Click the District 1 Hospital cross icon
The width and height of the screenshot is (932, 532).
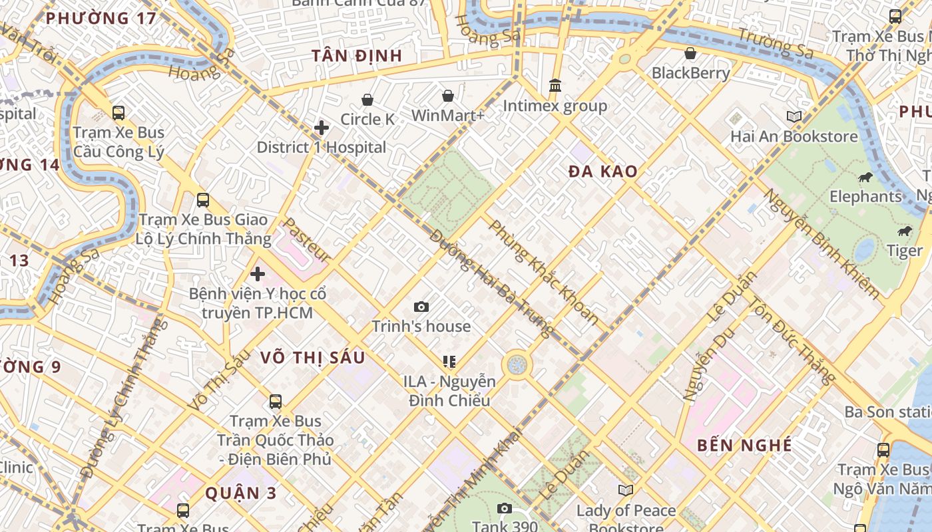click(322, 127)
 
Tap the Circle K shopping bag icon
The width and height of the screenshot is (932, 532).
click(367, 100)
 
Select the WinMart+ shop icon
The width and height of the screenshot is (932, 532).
click(448, 96)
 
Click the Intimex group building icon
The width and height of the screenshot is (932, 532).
click(555, 86)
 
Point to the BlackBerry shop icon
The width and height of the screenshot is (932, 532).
click(690, 53)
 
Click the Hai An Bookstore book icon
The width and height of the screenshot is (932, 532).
click(794, 117)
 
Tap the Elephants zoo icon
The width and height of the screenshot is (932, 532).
click(865, 177)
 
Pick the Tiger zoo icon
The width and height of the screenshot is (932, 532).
click(904, 231)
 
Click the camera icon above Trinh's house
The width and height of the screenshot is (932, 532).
click(421, 307)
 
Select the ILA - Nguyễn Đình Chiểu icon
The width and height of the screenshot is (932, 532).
click(449, 362)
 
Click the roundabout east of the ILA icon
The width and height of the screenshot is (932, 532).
click(517, 364)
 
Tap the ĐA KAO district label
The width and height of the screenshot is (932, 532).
click(602, 172)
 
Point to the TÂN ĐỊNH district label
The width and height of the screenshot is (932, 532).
click(357, 56)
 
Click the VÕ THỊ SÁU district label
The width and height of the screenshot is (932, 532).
click(312, 358)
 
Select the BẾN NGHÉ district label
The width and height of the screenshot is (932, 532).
click(744, 446)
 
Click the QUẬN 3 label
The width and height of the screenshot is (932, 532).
click(240, 493)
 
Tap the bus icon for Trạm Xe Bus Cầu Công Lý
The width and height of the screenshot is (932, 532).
click(118, 113)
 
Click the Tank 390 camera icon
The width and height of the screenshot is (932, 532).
click(505, 509)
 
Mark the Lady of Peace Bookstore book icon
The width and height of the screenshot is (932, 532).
click(625, 491)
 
